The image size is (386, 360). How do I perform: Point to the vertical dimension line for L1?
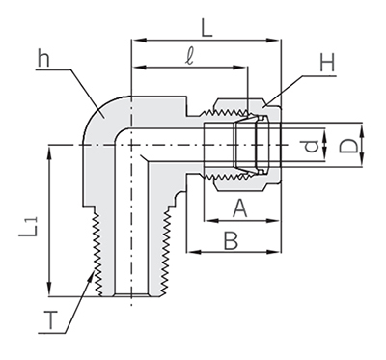pyautogui.click(x=47, y=222)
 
